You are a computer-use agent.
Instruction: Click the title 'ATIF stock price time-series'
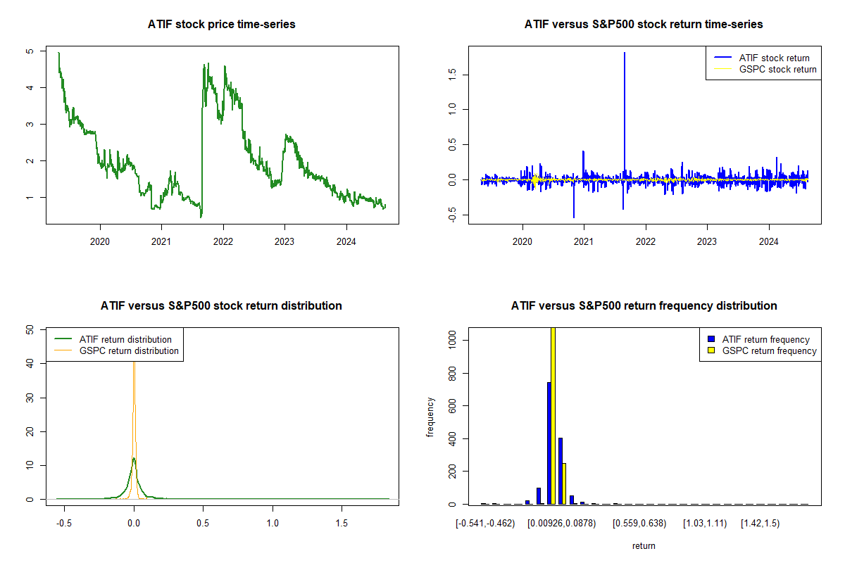point(221,25)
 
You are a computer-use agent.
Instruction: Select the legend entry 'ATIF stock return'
point(773,58)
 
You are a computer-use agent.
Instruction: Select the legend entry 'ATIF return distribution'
point(125,339)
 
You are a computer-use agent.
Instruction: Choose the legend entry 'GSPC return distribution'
point(129,350)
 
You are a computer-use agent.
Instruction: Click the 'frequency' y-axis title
point(431,417)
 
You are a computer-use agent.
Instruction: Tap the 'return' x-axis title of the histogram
point(644,545)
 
